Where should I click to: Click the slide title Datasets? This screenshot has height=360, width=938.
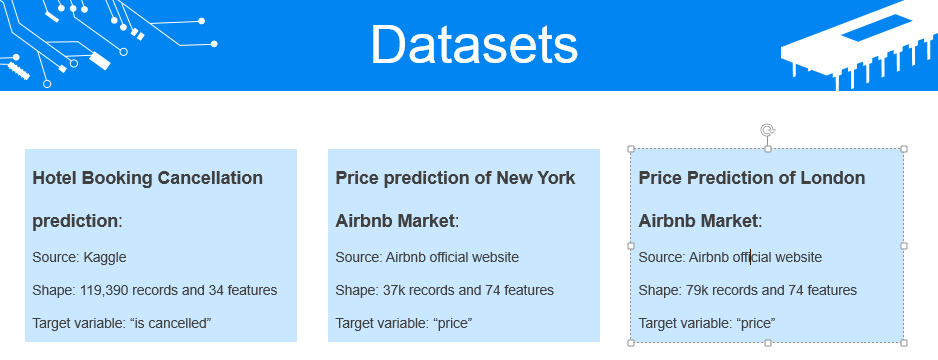click(474, 45)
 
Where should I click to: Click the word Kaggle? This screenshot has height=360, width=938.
click(105, 257)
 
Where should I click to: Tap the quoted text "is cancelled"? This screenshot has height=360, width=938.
click(170, 323)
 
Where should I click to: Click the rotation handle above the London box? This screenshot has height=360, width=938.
click(767, 130)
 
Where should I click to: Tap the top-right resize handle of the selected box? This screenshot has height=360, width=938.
click(904, 149)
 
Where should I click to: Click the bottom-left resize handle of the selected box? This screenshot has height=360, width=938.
click(631, 342)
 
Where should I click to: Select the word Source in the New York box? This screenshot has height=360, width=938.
click(357, 257)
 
